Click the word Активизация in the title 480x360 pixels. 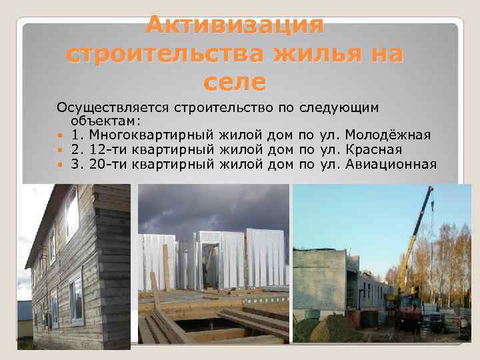tap(235, 25)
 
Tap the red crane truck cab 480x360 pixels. tap(409, 307)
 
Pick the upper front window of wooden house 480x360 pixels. tap(71, 213)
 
